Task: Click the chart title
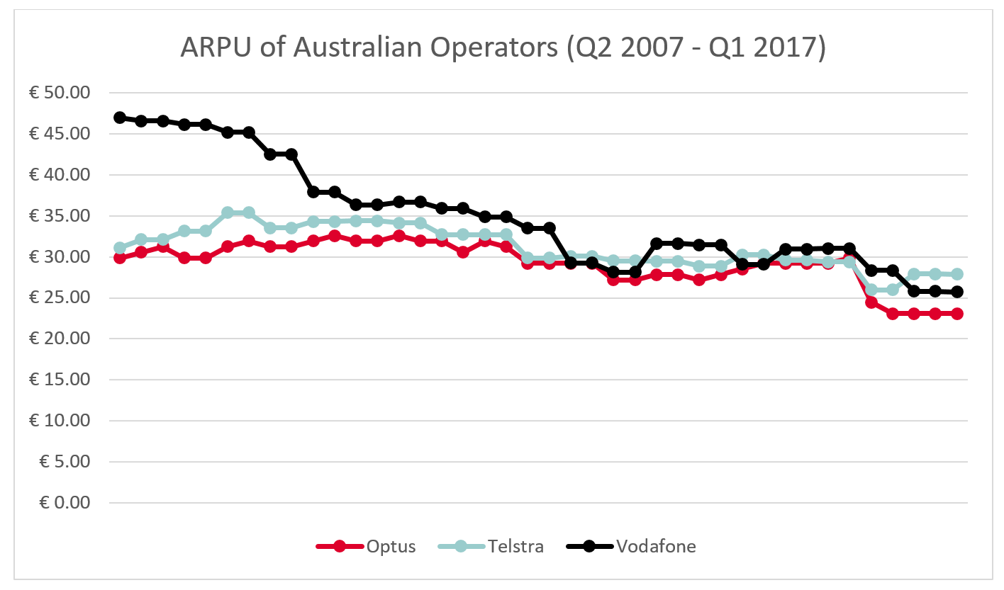click(x=502, y=47)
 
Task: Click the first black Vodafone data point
click(x=120, y=118)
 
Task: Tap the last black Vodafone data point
click(x=956, y=292)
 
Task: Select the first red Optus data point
click(x=120, y=257)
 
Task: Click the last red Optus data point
click(x=956, y=314)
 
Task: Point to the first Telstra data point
click(x=120, y=248)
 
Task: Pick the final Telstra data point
click(x=956, y=274)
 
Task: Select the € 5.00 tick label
click(x=66, y=462)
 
